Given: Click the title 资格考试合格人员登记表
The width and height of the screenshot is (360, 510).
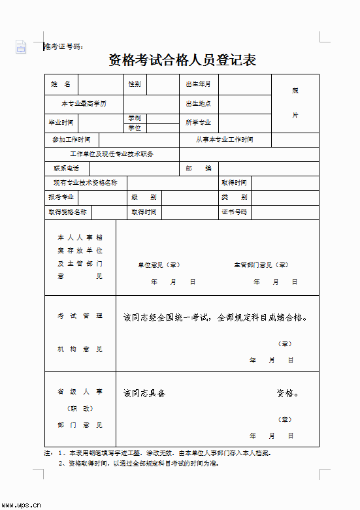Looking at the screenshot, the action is (x=182, y=61).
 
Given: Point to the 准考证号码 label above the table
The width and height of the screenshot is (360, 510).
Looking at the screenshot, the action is (x=63, y=46).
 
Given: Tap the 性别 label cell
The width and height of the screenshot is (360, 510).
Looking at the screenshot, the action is (x=135, y=84).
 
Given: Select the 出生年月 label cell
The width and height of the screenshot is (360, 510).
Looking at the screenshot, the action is (x=199, y=84).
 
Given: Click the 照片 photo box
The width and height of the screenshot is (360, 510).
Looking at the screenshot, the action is (x=295, y=103).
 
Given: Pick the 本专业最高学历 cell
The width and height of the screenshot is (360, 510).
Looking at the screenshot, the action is (x=84, y=104).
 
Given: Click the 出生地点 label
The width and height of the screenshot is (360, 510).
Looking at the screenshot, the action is (x=199, y=104).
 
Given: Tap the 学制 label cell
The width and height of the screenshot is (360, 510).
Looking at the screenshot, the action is (x=135, y=118).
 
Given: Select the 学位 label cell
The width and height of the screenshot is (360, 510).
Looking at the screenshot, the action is (x=135, y=128).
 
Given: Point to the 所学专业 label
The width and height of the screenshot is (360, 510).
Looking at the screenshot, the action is (x=199, y=123).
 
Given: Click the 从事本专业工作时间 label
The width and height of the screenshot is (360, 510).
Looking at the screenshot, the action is (x=225, y=140).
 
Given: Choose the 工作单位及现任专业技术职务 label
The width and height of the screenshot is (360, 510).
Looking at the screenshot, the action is (x=112, y=154).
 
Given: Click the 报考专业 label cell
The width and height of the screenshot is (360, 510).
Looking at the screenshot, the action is (x=61, y=197).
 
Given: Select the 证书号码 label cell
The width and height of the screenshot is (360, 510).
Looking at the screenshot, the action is (x=234, y=212).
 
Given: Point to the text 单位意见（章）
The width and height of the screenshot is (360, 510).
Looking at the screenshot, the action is (x=159, y=265).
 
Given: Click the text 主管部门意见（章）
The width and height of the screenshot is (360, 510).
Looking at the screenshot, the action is (x=261, y=265).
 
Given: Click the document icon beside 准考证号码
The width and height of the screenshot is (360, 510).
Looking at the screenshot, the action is (x=21, y=46).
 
